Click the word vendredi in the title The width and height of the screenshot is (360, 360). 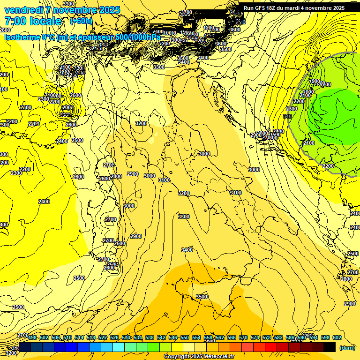[23, 10]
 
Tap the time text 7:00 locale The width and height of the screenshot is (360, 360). [33, 21]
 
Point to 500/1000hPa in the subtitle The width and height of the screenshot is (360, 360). [140, 37]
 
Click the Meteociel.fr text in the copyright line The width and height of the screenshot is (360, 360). [217, 357]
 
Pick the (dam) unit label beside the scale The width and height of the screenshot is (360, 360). [346, 347]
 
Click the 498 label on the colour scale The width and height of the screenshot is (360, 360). [32, 337]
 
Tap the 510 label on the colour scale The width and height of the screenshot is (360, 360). [67, 337]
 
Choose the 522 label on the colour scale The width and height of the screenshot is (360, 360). [103, 337]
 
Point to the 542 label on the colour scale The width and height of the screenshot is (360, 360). [161, 337]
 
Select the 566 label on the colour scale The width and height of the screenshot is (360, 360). [232, 337]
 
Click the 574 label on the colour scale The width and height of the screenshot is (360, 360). [255, 337]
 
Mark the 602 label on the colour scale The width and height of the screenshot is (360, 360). [337, 337]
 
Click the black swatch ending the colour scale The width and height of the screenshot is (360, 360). [330, 347]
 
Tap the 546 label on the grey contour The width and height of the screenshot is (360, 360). [287, 116]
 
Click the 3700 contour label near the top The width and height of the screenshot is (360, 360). [187, 13]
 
